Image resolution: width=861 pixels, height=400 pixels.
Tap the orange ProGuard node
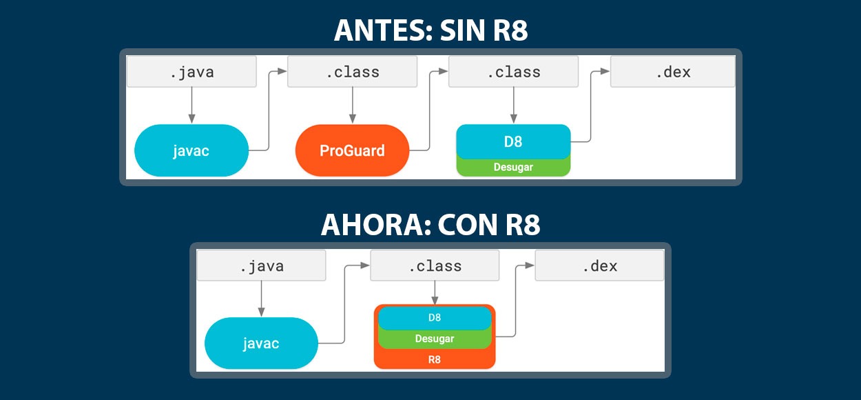pyautogui.click(x=352, y=150)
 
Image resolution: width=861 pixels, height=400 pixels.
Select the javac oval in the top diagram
pyautogui.click(x=191, y=150)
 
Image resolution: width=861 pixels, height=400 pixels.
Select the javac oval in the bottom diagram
pyautogui.click(x=261, y=343)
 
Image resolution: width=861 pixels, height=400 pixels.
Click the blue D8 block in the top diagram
pyautogui.click(x=513, y=141)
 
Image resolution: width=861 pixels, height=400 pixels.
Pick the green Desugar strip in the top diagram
pyautogui.click(x=513, y=167)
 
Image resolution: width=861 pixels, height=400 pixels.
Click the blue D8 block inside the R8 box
pyautogui.click(x=435, y=318)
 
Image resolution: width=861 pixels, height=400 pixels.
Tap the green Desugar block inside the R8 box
pyautogui.click(x=435, y=339)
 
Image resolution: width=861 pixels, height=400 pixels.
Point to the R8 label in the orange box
pyautogui.click(x=435, y=359)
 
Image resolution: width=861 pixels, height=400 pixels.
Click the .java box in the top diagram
pyautogui.click(x=191, y=72)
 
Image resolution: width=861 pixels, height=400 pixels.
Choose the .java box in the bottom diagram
pyautogui.click(x=261, y=266)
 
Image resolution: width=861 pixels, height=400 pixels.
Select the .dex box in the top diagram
pyautogui.click(x=673, y=72)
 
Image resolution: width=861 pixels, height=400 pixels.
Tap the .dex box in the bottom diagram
pyautogui.click(x=600, y=266)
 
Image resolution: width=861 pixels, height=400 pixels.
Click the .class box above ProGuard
pyautogui.click(x=352, y=72)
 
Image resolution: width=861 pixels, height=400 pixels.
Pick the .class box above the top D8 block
pyautogui.click(x=513, y=72)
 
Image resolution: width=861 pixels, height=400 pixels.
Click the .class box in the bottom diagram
pyautogui.click(x=435, y=266)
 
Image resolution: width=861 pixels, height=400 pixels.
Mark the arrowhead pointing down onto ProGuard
pyautogui.click(x=353, y=119)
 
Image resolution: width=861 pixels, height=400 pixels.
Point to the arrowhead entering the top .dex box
pyautogui.click(x=605, y=71)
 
